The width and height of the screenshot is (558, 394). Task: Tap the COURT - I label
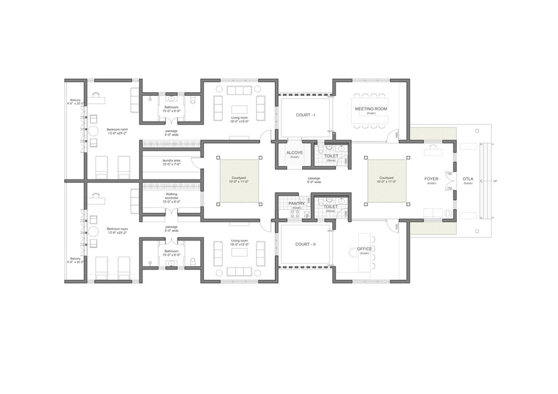point(305,115)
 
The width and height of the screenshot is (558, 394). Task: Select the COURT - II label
point(305,244)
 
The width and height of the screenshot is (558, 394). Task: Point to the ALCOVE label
point(294,153)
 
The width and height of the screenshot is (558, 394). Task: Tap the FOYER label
point(431,179)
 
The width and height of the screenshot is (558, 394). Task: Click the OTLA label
point(468,179)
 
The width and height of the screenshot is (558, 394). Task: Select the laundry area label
point(171,161)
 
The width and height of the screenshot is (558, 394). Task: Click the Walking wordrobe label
point(171,197)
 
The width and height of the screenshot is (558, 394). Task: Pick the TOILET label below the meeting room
point(331,156)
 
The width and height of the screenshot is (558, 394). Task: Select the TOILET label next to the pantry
point(331,207)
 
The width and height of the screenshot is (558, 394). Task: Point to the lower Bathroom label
point(171,252)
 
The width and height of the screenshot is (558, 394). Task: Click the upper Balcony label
point(75,101)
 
